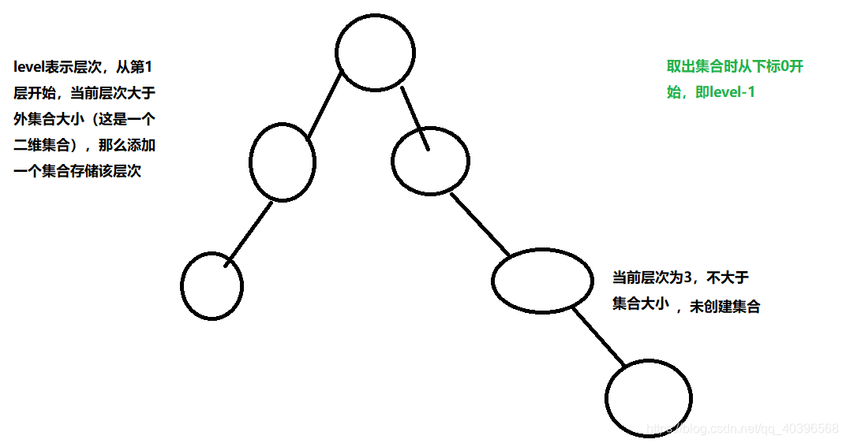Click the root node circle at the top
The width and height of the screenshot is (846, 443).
tap(375, 51)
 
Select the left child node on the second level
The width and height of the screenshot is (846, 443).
tap(282, 162)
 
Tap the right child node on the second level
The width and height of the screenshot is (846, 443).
tap(430, 162)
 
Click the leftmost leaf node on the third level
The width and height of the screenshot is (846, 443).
tap(211, 285)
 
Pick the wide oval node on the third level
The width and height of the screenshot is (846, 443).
tap(542, 281)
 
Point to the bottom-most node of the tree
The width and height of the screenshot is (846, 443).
tap(649, 399)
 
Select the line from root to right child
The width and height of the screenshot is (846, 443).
tap(414, 118)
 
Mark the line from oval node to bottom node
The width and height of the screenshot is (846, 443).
tap(598, 337)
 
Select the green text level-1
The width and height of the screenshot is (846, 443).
tap(732, 92)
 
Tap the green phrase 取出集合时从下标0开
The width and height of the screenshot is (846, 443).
tap(735, 67)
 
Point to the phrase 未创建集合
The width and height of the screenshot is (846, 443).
tap(724, 307)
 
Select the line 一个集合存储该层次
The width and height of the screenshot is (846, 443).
tap(77, 171)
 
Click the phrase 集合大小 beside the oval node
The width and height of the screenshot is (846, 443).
tap(640, 305)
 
